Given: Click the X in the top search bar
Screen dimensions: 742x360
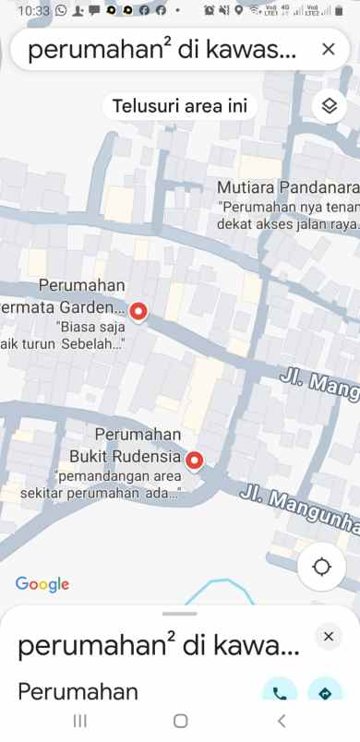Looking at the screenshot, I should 328,50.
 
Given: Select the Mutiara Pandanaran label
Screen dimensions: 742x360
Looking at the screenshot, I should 287,185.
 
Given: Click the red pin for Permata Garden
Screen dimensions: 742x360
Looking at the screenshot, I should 138,312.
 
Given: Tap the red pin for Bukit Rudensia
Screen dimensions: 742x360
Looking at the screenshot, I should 195,460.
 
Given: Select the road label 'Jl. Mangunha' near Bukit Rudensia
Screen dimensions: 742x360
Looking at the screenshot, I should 298,509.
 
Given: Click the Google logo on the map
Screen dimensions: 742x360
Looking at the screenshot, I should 42,583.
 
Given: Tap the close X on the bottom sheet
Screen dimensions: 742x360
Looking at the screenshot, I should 328,636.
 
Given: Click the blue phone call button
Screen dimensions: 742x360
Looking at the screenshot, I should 279,693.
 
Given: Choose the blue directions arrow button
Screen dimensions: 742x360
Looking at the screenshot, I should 325,693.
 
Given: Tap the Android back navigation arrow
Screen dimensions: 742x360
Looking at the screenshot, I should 282,721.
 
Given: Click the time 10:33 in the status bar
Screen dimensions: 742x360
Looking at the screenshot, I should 32,10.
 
